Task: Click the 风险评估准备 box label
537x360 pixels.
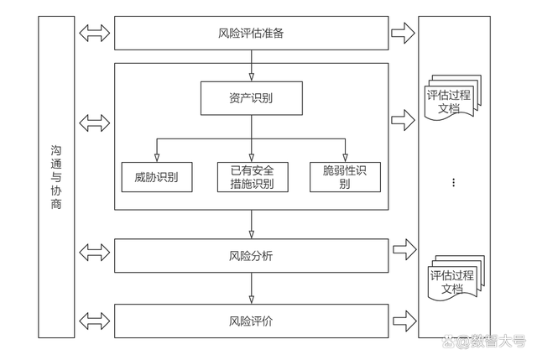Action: click(251, 34)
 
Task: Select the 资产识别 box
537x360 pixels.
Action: click(252, 98)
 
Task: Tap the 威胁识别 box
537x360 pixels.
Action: click(157, 177)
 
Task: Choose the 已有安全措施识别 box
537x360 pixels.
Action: click(253, 177)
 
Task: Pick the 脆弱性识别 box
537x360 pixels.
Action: click(345, 177)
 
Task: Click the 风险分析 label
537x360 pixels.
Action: click(251, 256)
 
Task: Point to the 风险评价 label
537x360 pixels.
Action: click(251, 321)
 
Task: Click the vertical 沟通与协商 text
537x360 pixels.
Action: click(56, 177)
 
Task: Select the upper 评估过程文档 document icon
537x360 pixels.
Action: click(453, 98)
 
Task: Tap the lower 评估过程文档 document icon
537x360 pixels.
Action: click(456, 278)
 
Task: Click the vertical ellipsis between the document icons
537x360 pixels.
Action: click(454, 183)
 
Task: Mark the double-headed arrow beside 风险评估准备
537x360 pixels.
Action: click(95, 34)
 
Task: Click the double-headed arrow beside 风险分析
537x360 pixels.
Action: click(95, 253)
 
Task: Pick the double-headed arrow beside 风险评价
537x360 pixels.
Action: click(95, 321)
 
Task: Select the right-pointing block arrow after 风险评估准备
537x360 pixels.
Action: click(403, 34)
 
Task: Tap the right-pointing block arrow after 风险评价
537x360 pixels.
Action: click(404, 321)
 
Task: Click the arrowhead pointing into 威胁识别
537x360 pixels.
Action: click(157, 158)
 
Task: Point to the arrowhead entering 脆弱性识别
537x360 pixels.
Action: click(345, 158)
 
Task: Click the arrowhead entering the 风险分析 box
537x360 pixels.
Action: click(252, 235)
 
